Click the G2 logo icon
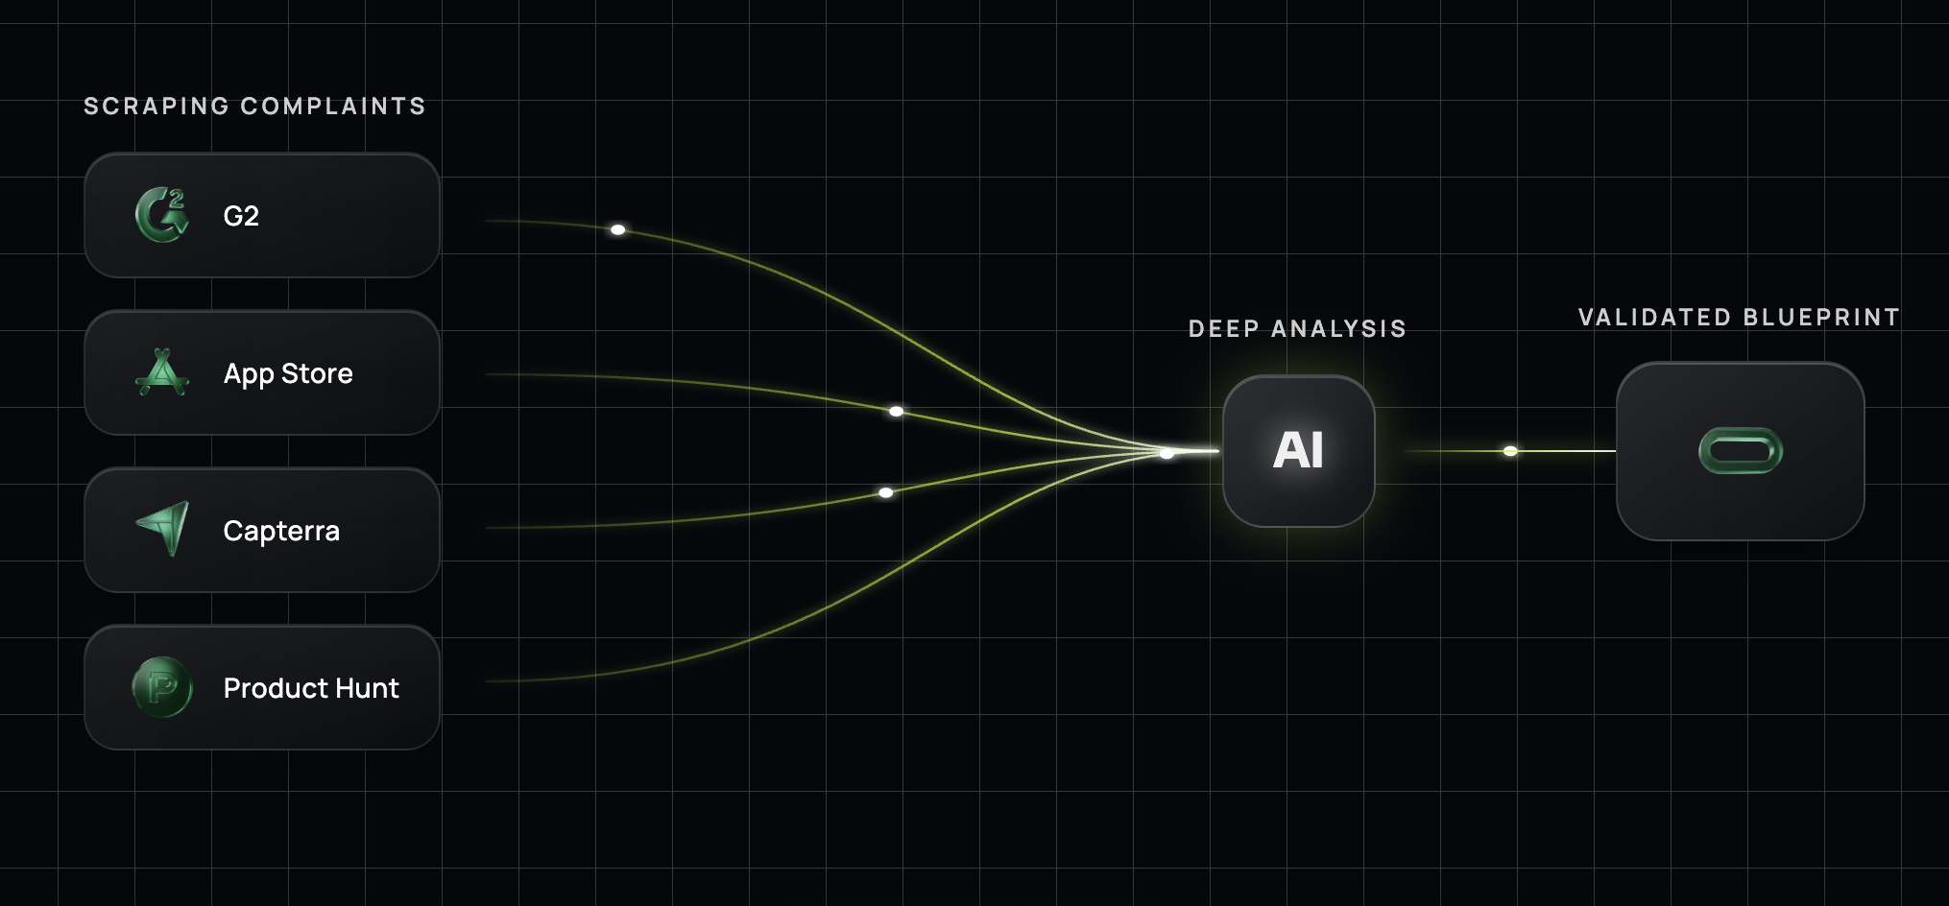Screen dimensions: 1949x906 162,215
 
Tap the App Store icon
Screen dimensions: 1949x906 162,372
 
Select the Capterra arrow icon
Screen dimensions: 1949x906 163,529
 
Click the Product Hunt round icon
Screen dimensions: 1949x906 162,687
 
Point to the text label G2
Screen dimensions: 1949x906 241,216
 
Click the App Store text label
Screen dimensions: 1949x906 288,373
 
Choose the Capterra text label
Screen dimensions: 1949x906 281,531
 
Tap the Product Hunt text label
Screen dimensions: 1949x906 311,688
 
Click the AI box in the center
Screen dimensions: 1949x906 1298,451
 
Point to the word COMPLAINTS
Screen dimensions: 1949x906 333,106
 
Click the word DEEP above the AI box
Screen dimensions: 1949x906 1224,328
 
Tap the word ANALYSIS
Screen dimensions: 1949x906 1338,328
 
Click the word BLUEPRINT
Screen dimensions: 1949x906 1821,317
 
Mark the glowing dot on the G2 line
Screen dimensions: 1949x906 618,229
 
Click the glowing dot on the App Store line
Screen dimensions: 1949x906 896,411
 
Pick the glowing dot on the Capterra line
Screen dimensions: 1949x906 886,492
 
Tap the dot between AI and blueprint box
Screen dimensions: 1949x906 1510,451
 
